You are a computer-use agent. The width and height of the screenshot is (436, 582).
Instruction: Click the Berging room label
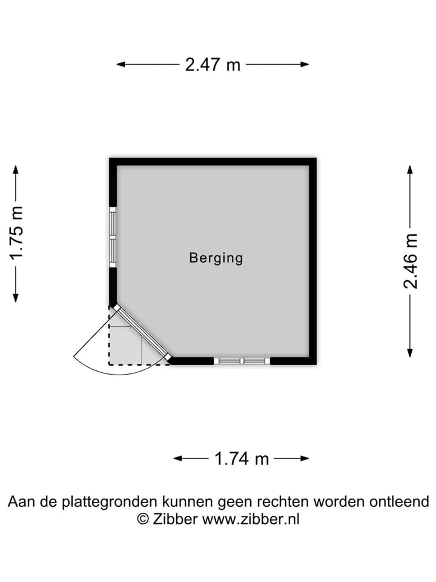click(x=216, y=258)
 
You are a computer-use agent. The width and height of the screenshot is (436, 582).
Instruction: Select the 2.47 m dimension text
click(x=213, y=65)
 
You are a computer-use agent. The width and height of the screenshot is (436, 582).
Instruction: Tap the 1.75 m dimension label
click(x=17, y=233)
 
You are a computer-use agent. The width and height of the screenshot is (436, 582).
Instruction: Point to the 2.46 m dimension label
click(x=411, y=261)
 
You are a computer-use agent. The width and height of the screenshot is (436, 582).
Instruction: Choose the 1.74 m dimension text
click(x=242, y=459)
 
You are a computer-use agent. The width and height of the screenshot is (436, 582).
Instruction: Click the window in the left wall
click(x=113, y=237)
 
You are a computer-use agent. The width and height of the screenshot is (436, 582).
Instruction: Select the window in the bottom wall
click(x=242, y=361)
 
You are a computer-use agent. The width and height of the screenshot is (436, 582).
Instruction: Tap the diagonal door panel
click(x=143, y=332)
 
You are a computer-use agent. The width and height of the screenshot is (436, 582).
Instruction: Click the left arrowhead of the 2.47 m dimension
click(x=120, y=64)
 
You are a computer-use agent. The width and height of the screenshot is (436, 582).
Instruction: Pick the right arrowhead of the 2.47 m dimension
click(x=305, y=64)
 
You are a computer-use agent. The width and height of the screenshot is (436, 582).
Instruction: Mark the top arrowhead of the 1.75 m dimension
click(x=16, y=169)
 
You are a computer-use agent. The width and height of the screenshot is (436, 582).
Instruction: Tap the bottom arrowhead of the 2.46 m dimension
click(x=410, y=353)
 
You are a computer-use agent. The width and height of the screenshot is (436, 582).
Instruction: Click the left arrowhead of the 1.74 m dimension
click(x=177, y=458)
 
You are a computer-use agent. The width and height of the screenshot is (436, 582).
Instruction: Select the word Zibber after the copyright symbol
click(x=175, y=518)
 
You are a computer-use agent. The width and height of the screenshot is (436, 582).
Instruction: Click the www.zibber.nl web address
click(x=251, y=518)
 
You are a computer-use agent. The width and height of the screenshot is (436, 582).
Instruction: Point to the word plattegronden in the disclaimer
click(x=110, y=502)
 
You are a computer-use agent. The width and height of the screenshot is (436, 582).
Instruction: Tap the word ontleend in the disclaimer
click(x=399, y=501)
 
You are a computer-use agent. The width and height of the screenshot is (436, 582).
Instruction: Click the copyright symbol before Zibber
click(x=143, y=519)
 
